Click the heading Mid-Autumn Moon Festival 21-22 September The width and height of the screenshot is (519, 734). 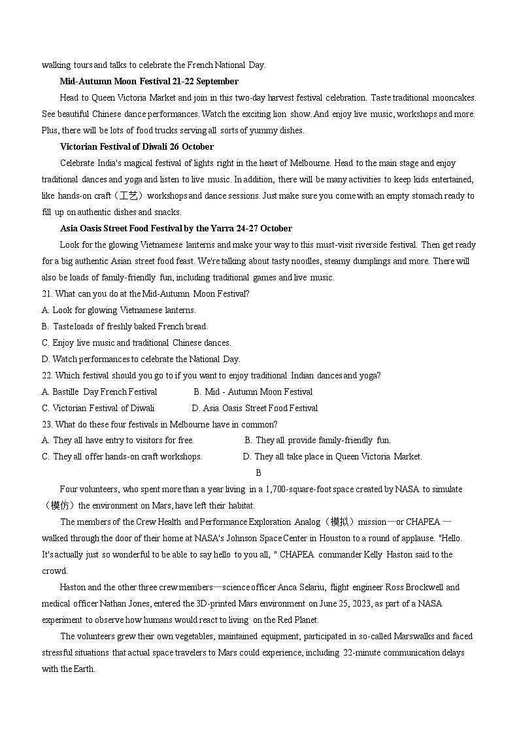point(149,82)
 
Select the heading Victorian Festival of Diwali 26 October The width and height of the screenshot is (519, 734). point(137,147)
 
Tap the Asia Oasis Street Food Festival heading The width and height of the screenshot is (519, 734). point(176,229)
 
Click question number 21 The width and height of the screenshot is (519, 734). point(47,294)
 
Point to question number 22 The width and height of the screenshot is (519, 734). point(47,376)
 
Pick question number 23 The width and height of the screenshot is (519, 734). point(47,425)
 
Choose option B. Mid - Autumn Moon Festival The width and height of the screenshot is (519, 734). point(253,392)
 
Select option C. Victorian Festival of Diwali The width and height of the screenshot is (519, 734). point(98,409)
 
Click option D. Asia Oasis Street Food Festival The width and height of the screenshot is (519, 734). point(254,409)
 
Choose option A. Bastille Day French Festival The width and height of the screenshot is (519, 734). point(99,392)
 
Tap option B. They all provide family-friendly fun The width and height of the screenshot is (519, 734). point(317,441)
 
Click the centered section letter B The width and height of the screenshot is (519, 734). point(259,473)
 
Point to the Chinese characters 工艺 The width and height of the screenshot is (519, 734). point(129,196)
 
